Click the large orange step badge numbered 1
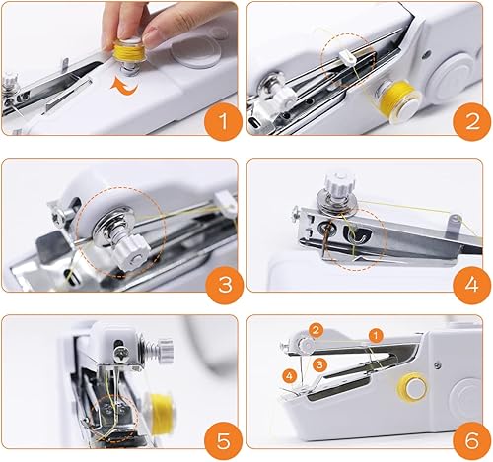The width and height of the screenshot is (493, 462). click(x=224, y=121)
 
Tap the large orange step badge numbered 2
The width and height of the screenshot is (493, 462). click(x=472, y=121)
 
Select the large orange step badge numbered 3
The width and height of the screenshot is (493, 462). click(x=225, y=284)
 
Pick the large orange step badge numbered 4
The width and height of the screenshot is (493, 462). click(x=472, y=285)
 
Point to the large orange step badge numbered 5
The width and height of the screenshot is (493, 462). click(x=224, y=440)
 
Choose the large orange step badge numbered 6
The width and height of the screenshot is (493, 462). click(x=472, y=440)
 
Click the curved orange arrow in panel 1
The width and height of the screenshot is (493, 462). click(x=124, y=88)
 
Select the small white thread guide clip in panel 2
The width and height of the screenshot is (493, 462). click(x=348, y=59)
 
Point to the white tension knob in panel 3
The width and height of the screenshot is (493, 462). click(x=131, y=253)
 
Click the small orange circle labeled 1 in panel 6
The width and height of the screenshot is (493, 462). click(x=376, y=336)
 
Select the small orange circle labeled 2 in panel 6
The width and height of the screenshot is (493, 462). click(x=316, y=330)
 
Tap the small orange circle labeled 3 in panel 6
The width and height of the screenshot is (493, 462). click(x=319, y=365)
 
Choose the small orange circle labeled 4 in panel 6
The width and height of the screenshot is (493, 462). click(x=290, y=376)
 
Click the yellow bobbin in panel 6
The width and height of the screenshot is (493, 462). click(x=413, y=387)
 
